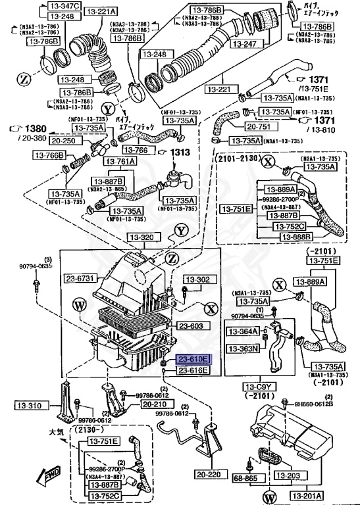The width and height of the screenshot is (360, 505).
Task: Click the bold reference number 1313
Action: (181, 153)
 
